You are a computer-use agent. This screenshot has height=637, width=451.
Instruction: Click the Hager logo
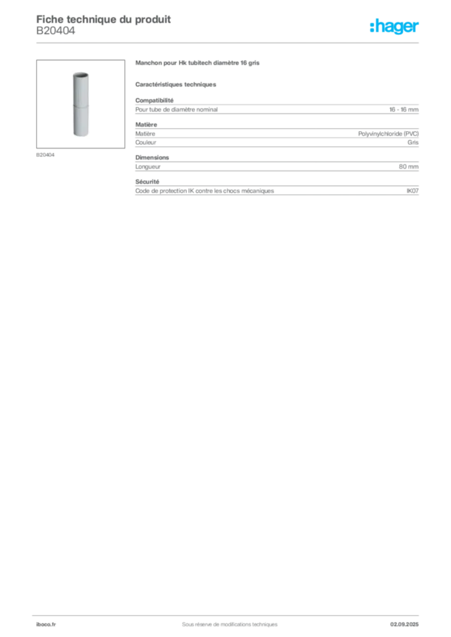click(394, 27)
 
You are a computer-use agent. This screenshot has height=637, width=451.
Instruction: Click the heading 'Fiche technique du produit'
click(103, 19)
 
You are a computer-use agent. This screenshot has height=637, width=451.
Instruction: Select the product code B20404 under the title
click(55, 31)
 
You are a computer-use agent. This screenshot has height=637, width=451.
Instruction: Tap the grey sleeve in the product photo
click(81, 105)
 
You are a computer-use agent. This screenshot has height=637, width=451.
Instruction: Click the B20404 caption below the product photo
click(45, 155)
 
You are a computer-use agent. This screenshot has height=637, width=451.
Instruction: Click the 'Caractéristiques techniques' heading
click(176, 85)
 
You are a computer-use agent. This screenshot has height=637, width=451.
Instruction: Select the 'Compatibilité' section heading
click(154, 100)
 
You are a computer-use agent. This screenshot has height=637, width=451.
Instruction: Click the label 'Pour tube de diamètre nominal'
click(176, 109)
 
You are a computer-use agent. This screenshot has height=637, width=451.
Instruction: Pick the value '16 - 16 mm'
click(404, 109)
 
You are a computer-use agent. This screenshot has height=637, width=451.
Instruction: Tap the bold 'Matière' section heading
click(146, 124)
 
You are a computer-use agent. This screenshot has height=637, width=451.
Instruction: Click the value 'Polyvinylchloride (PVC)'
click(388, 134)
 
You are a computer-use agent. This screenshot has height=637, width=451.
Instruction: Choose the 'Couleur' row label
click(146, 142)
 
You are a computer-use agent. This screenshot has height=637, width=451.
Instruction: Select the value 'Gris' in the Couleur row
click(413, 142)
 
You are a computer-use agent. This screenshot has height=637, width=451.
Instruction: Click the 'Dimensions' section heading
click(152, 157)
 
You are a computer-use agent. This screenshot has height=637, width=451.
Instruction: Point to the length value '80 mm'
click(409, 167)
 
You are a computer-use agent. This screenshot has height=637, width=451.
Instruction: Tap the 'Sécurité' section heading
click(147, 182)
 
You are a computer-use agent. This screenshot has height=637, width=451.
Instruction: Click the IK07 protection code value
click(412, 191)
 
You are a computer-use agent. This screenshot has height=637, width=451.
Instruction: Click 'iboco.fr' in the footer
click(46, 625)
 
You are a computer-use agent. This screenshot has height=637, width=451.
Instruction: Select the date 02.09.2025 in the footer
click(404, 625)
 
